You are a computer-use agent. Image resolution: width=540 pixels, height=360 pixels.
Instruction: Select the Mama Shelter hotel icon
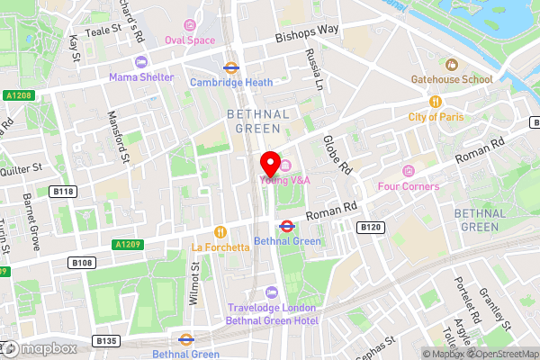tap(140, 62)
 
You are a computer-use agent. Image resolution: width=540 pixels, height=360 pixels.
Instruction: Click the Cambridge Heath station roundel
tap(230, 67)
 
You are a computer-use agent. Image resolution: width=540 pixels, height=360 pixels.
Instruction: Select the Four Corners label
tap(408, 186)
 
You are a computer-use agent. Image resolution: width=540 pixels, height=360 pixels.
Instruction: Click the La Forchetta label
tap(220, 246)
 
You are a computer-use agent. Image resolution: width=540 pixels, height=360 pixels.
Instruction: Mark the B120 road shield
tap(371, 228)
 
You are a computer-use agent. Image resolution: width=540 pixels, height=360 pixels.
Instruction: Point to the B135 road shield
tap(107, 340)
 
